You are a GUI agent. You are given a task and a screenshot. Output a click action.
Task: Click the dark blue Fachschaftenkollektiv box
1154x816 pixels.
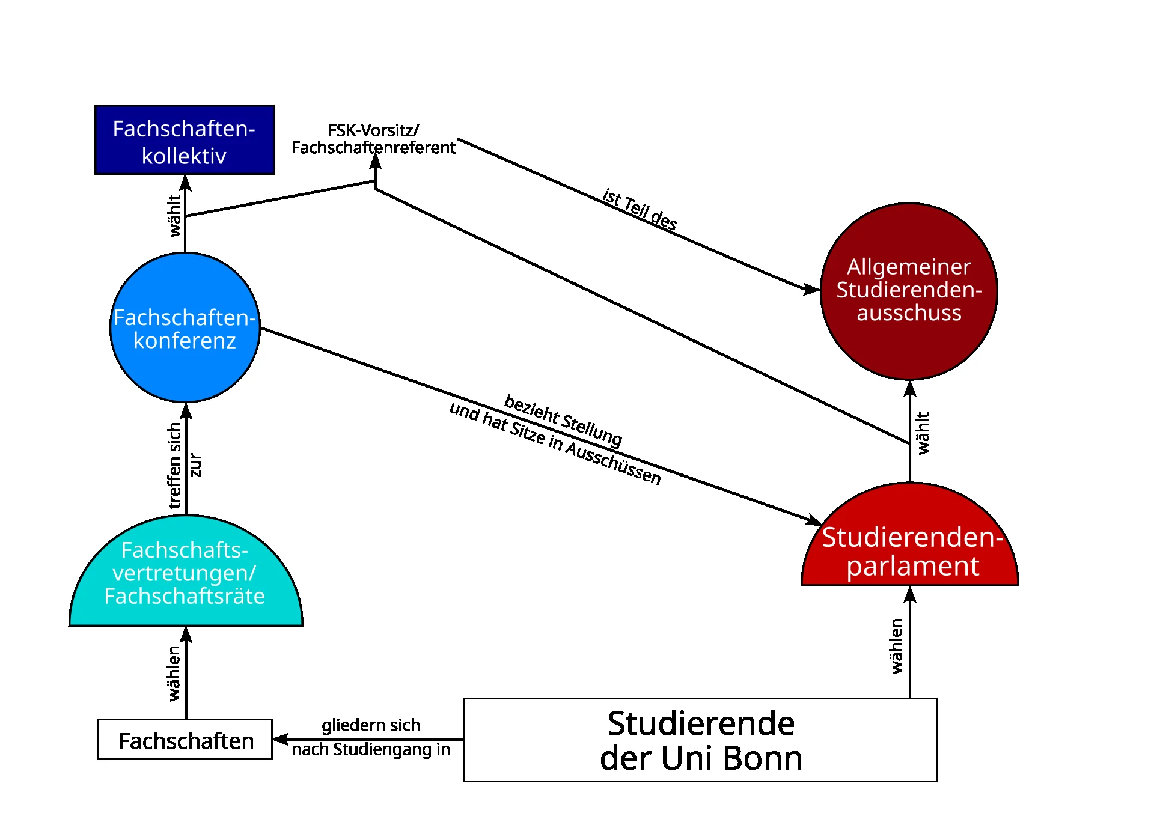coord(185,140)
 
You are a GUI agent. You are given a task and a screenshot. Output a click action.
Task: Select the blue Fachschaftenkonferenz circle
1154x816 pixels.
coord(185,328)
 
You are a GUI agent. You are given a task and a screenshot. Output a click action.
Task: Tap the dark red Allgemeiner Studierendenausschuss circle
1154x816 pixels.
coord(909,291)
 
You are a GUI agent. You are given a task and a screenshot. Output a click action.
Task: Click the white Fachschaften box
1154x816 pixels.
coord(185,740)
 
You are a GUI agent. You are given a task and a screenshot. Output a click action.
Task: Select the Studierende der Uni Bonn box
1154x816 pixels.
coord(700,740)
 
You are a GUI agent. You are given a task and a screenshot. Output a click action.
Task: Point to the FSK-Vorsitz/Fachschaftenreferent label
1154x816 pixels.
coord(373,139)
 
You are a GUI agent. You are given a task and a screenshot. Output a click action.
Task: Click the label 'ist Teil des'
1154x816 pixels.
coord(640,209)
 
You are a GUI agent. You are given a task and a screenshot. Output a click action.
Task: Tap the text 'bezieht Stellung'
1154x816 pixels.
coord(563,420)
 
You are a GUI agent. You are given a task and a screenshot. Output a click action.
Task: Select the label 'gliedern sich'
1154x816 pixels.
coord(370,725)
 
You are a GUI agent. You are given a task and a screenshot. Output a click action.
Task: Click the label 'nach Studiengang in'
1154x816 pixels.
coord(370,750)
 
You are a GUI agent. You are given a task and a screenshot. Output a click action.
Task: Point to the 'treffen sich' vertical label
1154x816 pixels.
coord(174,466)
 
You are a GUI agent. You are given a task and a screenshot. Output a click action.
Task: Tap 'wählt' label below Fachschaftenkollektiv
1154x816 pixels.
coord(174,215)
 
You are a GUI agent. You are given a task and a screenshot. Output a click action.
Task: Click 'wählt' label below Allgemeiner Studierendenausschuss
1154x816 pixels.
coord(923,433)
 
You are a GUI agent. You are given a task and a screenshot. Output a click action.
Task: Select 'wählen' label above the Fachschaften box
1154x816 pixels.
coord(174,673)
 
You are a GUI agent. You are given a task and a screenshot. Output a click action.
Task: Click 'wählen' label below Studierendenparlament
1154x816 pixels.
coord(897,646)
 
